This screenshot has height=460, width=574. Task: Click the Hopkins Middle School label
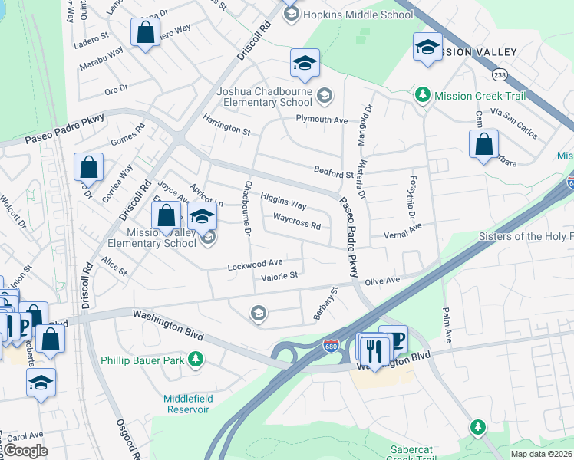tap(348, 14)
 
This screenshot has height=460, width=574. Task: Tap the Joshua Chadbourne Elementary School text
tap(264, 97)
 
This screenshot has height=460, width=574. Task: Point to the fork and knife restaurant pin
tap(374, 350)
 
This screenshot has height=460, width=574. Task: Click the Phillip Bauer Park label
tap(144, 359)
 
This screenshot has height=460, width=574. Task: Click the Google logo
tap(25, 450)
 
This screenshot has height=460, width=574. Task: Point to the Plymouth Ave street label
tap(322, 120)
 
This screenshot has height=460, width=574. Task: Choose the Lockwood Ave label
tap(255, 264)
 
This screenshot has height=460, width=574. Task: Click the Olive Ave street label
tap(382, 281)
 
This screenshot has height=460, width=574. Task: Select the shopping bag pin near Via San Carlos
tap(483, 144)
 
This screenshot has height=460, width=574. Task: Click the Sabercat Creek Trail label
tap(413, 453)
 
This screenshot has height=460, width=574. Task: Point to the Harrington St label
tap(226, 126)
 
